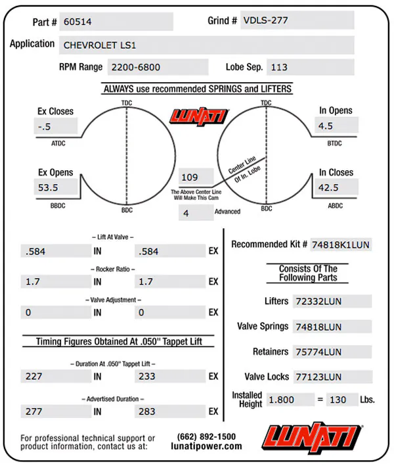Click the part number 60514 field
116,22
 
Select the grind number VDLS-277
297,20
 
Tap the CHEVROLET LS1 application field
207,45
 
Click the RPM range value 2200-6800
158,67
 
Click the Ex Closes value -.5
56,126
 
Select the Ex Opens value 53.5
56,187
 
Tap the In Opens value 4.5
336,126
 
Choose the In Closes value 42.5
336,187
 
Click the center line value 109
196,177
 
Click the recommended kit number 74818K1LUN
341,245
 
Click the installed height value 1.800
290,400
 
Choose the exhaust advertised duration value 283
170,411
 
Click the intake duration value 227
56,377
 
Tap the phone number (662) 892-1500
206,436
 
